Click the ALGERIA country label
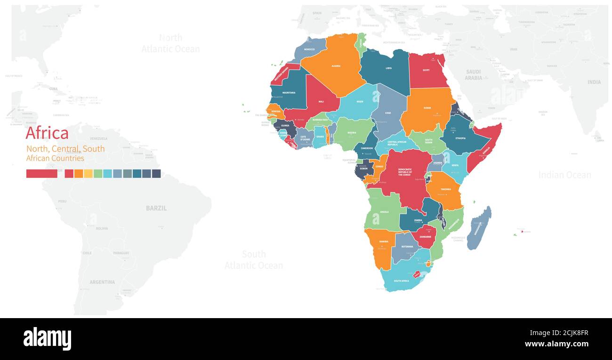[336, 66]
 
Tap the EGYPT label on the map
[426, 70]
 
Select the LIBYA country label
[388, 68]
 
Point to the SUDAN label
[427, 108]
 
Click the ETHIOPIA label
[460, 138]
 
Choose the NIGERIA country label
[352, 133]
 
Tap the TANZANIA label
[445, 189]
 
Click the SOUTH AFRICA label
[401, 281]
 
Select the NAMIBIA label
[384, 241]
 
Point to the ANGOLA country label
[384, 212]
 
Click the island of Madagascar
[479, 228]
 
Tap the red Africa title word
[47, 133]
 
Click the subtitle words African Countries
[55, 158]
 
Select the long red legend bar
[41, 174]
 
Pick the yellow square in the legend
[88, 174]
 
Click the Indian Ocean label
[564, 175]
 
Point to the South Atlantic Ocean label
[254, 260]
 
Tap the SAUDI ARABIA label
[473, 75]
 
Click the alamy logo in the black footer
[47, 339]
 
